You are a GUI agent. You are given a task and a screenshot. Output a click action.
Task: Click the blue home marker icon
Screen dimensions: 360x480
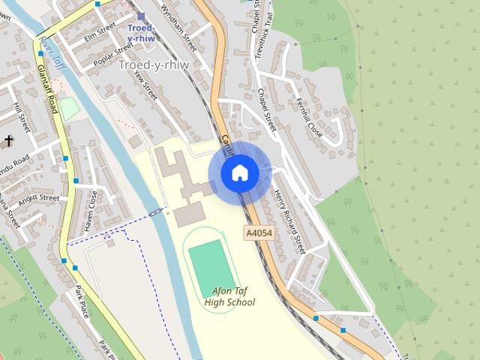click(239, 173)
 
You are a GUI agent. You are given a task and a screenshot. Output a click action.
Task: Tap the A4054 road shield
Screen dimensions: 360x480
click(259, 234)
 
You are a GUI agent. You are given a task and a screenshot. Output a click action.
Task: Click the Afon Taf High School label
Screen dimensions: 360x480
click(229, 296)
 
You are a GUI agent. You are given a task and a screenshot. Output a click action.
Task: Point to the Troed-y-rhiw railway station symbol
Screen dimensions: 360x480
click(140, 16)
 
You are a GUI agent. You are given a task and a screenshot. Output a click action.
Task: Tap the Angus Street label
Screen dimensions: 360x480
click(38, 199)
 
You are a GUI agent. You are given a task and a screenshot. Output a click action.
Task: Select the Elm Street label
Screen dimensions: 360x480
click(100, 31)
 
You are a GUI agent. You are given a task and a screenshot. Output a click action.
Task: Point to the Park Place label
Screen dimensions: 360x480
click(82, 301)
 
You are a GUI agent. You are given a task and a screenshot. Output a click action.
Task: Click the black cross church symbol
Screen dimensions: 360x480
click(8, 141)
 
